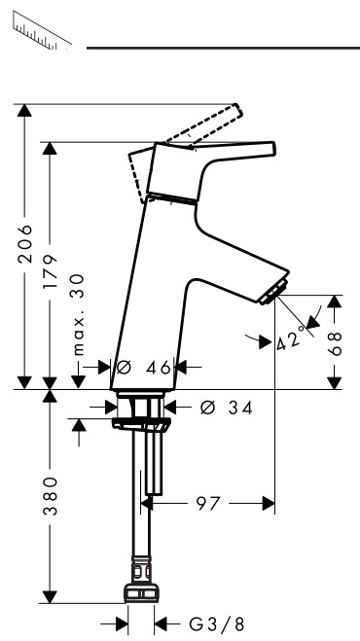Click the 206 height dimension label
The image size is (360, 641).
point(25,243)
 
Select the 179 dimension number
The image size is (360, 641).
point(50,271)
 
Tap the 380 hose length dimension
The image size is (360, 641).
point(50,495)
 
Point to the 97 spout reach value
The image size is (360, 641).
point(208,504)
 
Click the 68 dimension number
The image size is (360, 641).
point(335,343)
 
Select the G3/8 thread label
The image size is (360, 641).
point(217,624)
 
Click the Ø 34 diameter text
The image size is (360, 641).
point(227,408)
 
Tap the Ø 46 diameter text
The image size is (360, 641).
point(143,368)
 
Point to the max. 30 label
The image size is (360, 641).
point(78,315)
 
